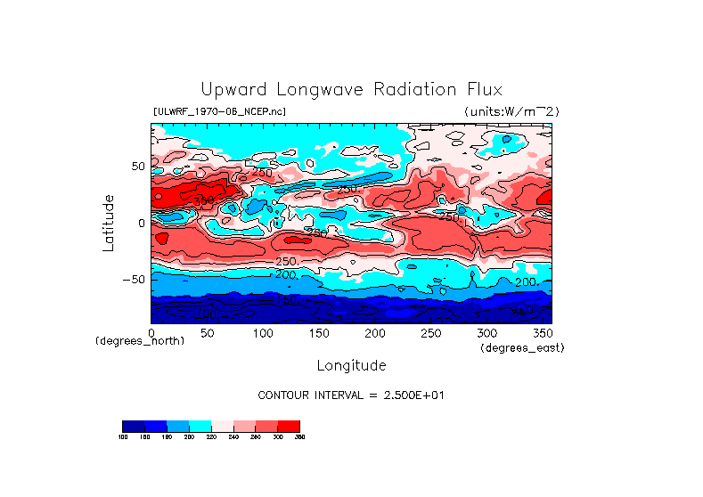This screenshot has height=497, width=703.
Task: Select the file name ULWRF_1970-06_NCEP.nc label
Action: [220, 111]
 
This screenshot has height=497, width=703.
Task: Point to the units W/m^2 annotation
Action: [511, 111]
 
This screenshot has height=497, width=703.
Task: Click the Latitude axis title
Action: [108, 223]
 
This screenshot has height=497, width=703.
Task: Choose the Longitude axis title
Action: [351, 365]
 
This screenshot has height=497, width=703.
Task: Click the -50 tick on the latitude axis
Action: [134, 279]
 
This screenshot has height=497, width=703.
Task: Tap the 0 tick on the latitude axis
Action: [141, 223]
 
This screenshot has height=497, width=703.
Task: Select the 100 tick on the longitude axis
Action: [263, 333]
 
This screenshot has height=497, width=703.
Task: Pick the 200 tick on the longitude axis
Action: [374, 333]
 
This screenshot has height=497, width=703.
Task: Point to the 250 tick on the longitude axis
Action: [429, 333]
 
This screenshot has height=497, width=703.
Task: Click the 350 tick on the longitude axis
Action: [541, 333]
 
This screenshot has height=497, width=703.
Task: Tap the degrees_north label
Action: [140, 341]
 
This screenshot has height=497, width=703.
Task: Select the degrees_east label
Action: [522, 347]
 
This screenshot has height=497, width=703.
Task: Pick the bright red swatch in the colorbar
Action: [289, 426]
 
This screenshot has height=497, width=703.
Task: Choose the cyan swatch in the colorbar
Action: [200, 426]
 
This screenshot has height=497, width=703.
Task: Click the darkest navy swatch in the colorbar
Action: [133, 426]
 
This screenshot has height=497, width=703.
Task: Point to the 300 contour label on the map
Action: [205, 200]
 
